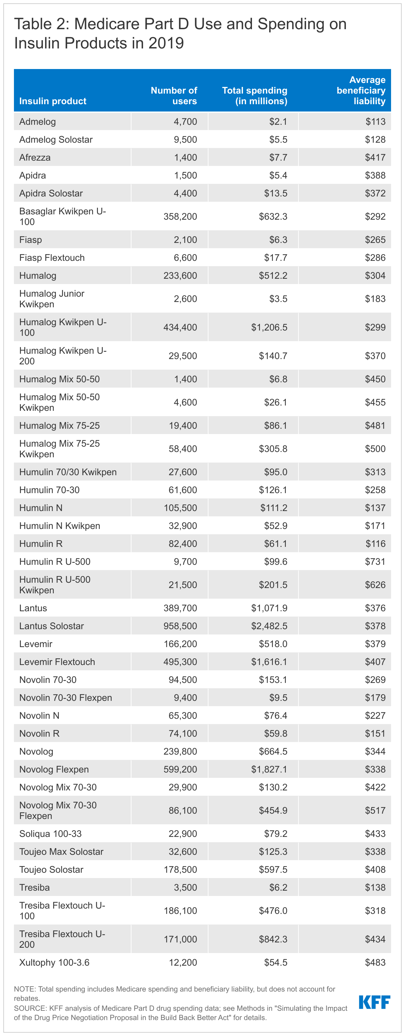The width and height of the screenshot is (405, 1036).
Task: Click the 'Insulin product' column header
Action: point(53,101)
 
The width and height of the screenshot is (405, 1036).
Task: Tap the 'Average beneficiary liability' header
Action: point(361,91)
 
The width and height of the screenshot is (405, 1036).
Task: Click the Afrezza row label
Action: point(35,157)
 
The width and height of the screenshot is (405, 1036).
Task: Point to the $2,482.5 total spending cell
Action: point(269,626)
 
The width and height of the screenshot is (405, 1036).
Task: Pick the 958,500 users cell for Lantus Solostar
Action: point(180,626)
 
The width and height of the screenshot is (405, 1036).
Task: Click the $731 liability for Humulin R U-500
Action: point(375,561)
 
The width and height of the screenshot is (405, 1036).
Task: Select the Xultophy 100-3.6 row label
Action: point(54,962)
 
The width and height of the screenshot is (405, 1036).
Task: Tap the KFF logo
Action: point(374,1002)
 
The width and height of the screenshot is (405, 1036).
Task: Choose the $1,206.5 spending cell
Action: point(269,328)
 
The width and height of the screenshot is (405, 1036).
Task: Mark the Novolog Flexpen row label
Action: point(54,769)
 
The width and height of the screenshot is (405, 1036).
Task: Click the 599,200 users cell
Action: point(180,769)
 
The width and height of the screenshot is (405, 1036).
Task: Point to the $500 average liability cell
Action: point(375,449)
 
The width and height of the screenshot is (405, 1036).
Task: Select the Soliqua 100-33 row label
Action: point(50,834)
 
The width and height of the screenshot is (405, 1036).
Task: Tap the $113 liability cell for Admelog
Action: point(375,121)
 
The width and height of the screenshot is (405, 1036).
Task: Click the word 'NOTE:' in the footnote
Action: point(25,989)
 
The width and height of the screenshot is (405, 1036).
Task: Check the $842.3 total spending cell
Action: point(273,939)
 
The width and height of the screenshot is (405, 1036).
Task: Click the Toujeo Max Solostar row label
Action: point(61,851)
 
